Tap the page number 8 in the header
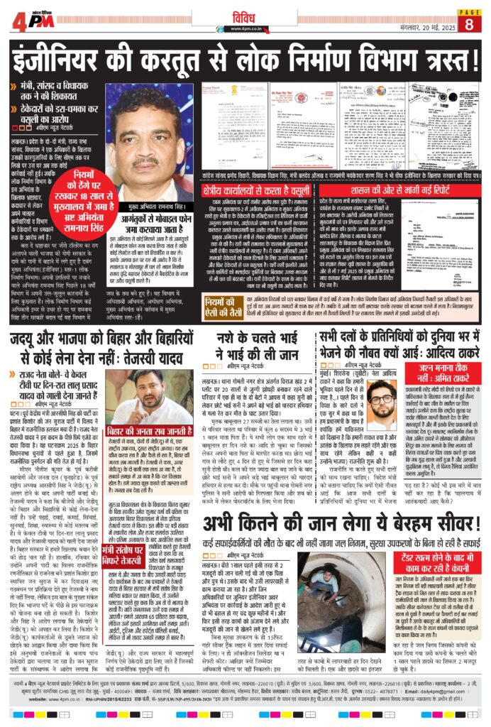click(x=468, y=23)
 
